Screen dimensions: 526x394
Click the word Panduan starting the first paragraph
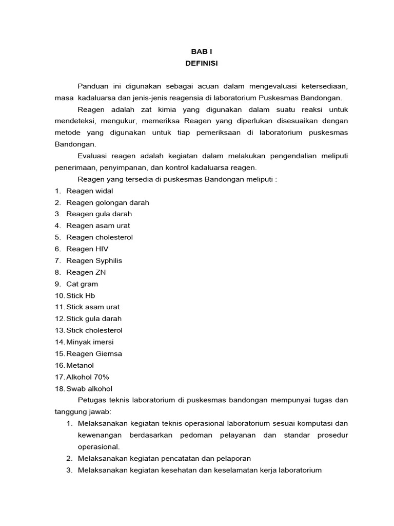pyautogui.click(x=93, y=86)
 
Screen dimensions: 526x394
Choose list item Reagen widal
pyautogui.click(x=90, y=191)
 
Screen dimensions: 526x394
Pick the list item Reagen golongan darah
pyautogui.click(x=108, y=202)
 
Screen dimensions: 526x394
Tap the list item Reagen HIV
pyautogui.click(x=87, y=249)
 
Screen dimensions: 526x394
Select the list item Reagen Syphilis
pyautogui.click(x=94, y=260)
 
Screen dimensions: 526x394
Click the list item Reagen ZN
pyautogui.click(x=86, y=272)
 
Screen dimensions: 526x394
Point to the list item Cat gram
pyautogui.click(x=82, y=284)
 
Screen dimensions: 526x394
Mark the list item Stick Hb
pyautogui.click(x=81, y=295)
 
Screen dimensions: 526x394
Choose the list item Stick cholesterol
pyautogui.click(x=94, y=330)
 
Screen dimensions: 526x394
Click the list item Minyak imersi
pyautogui.click(x=90, y=342)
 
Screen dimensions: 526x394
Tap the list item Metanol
pyautogui.click(x=81, y=365)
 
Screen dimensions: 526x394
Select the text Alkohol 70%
pyautogui.click(x=87, y=377)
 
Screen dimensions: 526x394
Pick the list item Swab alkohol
pyautogui.click(x=89, y=388)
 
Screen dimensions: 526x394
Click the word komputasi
pyautogui.click(x=317, y=423)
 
